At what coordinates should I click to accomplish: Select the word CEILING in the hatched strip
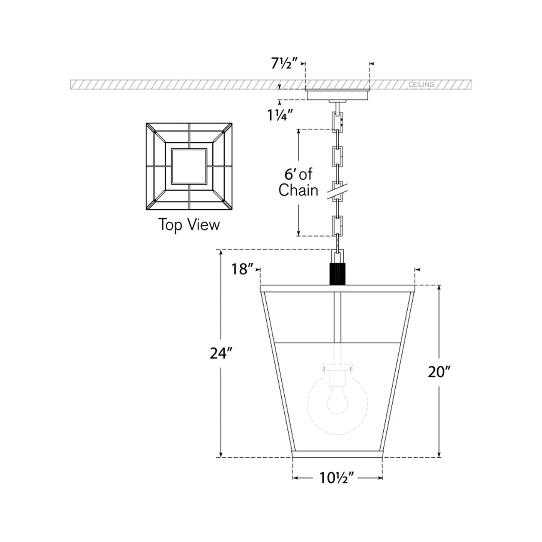[x=421, y=85]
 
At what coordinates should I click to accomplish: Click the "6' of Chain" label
[x=298, y=183]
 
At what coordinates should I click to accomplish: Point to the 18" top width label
[x=241, y=269]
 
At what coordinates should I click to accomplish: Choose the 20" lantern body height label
[x=439, y=372]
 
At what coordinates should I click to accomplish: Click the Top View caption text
[x=189, y=225]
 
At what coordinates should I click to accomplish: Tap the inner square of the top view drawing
[x=189, y=166]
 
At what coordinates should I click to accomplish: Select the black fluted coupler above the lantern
[x=338, y=274]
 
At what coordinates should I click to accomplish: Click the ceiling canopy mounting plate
[x=337, y=95]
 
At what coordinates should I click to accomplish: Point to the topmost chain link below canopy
[x=337, y=120]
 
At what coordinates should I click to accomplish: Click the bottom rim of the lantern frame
[x=337, y=454]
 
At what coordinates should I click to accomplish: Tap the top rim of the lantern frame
[x=337, y=288]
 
